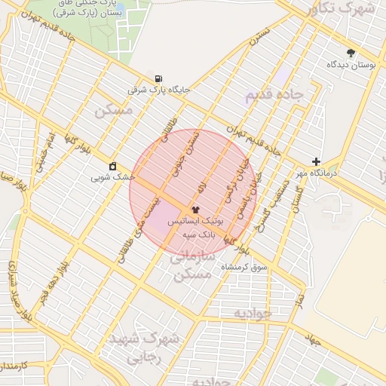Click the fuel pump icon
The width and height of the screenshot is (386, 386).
pyautogui.click(x=158, y=78)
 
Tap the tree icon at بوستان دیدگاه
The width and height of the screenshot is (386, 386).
pyautogui.click(x=351, y=53)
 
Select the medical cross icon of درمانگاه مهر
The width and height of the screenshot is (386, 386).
pyautogui.click(x=316, y=161)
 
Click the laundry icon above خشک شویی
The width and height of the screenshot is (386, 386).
pyautogui.click(x=113, y=166)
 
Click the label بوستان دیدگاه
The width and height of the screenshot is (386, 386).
pyautogui.click(x=351, y=66)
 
